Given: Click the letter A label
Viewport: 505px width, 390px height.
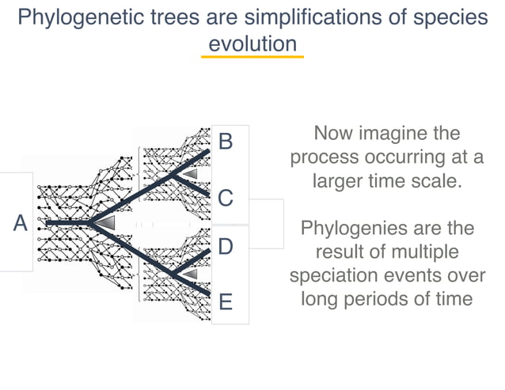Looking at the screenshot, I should click(21, 224).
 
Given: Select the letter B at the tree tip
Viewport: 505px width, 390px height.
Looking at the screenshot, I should click(226, 142).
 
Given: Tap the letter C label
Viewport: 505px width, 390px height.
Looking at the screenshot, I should click(226, 198).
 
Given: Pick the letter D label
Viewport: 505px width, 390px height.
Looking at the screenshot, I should click(226, 247).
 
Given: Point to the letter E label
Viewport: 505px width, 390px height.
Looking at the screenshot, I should click(226, 302).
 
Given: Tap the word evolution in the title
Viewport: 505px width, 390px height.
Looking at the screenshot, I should click(252, 43).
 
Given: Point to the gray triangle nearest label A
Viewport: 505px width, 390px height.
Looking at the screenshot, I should click(105, 224).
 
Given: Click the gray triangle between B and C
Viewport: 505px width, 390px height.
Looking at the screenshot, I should click(191, 172).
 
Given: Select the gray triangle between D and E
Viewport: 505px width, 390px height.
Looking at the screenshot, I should click(191, 274).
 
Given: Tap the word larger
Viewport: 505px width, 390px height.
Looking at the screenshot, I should click(340, 180).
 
